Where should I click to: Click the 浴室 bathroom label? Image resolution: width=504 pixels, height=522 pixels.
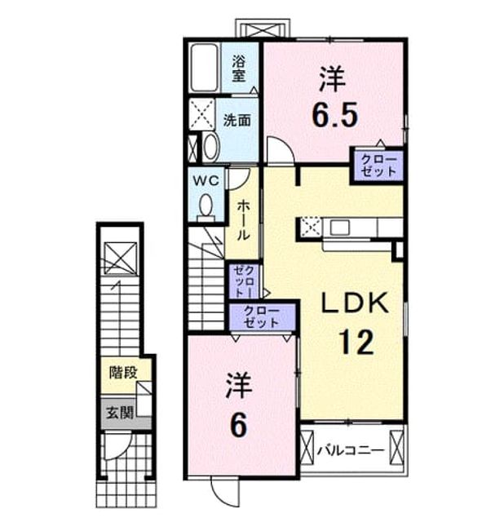click(x=238, y=69)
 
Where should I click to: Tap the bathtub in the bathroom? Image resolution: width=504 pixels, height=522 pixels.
click(x=204, y=68)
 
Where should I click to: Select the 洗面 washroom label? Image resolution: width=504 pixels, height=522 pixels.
click(x=237, y=120)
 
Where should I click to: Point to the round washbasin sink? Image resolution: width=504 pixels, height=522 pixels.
click(x=210, y=146)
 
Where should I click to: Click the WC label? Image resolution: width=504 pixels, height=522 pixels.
click(x=206, y=181)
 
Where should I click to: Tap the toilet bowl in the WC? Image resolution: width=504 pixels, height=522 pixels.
click(x=206, y=206)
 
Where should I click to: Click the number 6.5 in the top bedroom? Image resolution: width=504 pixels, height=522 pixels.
click(x=334, y=114)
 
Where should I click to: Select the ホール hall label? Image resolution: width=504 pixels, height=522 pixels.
click(x=243, y=220)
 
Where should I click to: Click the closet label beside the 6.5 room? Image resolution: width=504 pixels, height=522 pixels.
click(x=379, y=166)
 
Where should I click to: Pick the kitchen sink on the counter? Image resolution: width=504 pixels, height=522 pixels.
click(x=339, y=228)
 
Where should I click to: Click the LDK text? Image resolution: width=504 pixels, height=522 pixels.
click(x=355, y=303)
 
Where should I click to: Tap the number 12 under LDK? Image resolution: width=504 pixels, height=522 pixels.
click(x=356, y=342)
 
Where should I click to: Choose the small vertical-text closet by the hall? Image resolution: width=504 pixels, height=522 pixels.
click(x=245, y=281)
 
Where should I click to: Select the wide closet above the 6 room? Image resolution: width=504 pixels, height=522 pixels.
click(x=261, y=317)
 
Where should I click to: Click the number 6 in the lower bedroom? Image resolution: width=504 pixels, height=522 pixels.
click(x=239, y=427)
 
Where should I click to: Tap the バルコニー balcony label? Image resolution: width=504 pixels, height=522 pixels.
click(x=351, y=451)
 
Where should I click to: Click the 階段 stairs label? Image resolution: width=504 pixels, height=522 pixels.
click(x=123, y=373)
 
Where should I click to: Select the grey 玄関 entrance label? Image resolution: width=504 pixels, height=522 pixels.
click(x=120, y=414)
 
